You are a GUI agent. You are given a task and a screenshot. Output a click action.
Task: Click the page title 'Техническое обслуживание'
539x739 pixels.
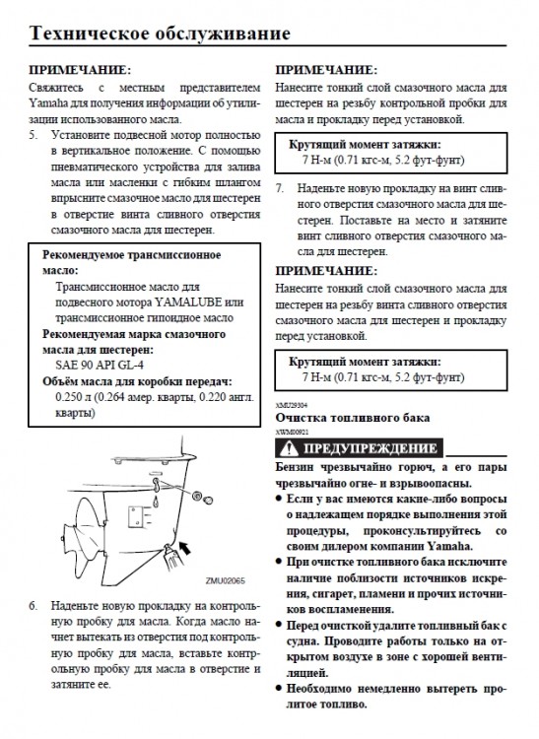pos(160,34)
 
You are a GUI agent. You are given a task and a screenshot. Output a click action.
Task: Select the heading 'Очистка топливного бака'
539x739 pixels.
pos(352,418)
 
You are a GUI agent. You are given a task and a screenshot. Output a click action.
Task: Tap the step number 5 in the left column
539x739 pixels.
pos(34,131)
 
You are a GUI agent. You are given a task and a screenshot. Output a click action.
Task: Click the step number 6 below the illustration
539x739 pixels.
pos(34,602)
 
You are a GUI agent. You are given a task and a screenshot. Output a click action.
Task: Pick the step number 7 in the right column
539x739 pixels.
pos(280,186)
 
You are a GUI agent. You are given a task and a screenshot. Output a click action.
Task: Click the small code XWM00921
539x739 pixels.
pos(291,431)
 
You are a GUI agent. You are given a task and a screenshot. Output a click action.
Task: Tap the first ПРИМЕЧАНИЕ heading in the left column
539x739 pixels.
pos(78,71)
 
